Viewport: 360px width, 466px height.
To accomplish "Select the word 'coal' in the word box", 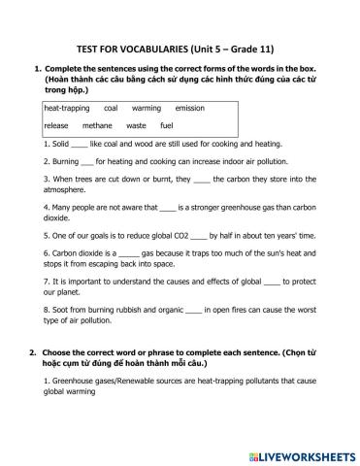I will click(110, 109).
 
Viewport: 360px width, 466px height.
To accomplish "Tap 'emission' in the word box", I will click(189, 109).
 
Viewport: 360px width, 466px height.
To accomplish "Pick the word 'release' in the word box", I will click(56, 126).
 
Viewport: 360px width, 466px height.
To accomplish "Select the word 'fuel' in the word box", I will click(167, 126).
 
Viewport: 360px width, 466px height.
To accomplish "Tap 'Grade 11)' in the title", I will click(257, 46).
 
